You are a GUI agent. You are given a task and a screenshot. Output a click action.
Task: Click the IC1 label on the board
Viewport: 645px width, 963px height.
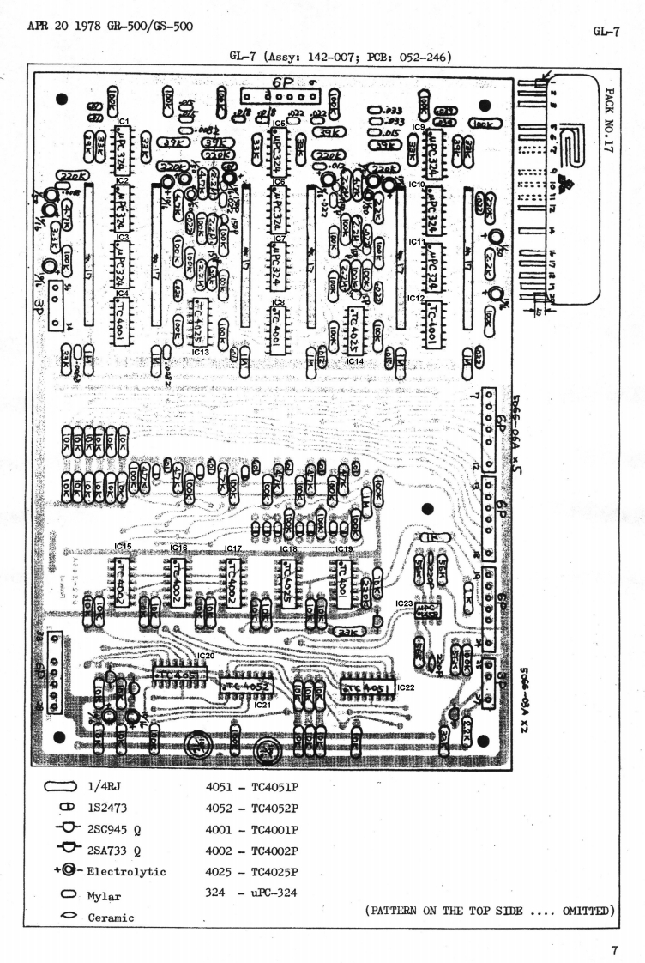point(123,122)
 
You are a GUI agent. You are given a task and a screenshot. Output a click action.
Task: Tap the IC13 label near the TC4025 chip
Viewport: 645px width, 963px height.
point(200,351)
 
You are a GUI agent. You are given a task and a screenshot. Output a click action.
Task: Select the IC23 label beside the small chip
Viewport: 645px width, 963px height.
point(405,603)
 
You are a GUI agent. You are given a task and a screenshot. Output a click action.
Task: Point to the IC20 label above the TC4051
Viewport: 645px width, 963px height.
point(206,656)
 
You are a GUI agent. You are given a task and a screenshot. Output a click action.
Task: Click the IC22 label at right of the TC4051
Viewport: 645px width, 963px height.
point(406,688)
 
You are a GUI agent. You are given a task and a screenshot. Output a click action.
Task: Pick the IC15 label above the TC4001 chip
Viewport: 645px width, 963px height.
point(123,546)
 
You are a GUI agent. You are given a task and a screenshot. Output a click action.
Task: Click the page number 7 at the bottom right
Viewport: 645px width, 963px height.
point(614,927)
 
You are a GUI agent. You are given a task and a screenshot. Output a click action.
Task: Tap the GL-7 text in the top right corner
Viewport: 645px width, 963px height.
point(606,31)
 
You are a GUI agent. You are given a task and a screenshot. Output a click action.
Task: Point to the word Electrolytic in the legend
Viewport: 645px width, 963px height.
point(126,871)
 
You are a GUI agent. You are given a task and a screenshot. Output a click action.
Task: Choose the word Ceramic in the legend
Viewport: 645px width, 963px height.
point(111,918)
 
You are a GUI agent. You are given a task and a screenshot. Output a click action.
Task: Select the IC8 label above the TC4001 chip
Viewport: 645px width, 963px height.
point(278,302)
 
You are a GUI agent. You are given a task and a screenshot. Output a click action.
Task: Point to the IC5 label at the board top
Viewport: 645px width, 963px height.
point(279,124)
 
